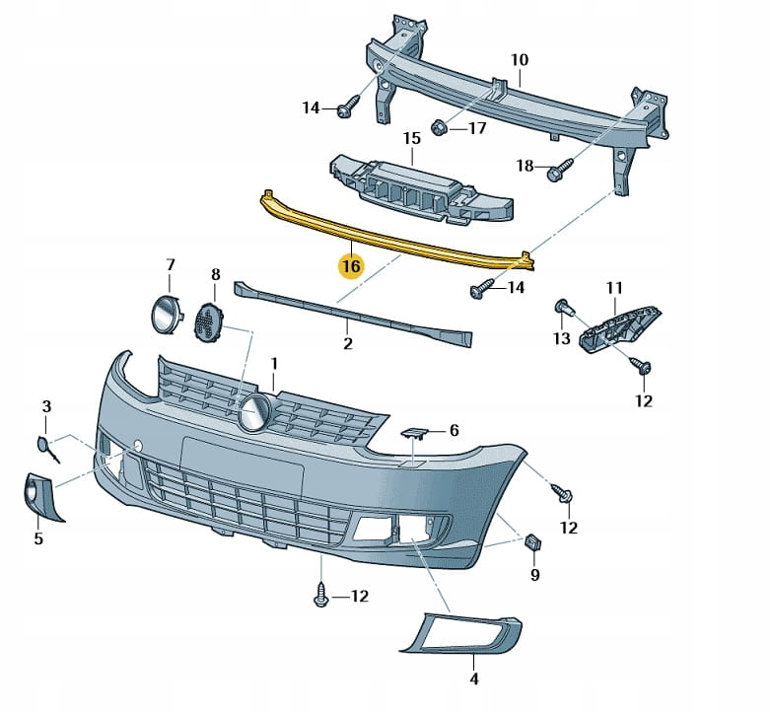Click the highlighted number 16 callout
tap(351, 266)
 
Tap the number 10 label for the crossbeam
tap(520, 60)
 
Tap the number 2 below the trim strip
tap(347, 344)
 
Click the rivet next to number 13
tap(564, 307)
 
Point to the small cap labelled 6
tap(414, 432)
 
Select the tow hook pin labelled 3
tap(48, 447)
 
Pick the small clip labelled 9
tap(533, 542)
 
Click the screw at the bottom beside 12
tap(321, 594)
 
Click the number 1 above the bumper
tap(275, 365)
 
